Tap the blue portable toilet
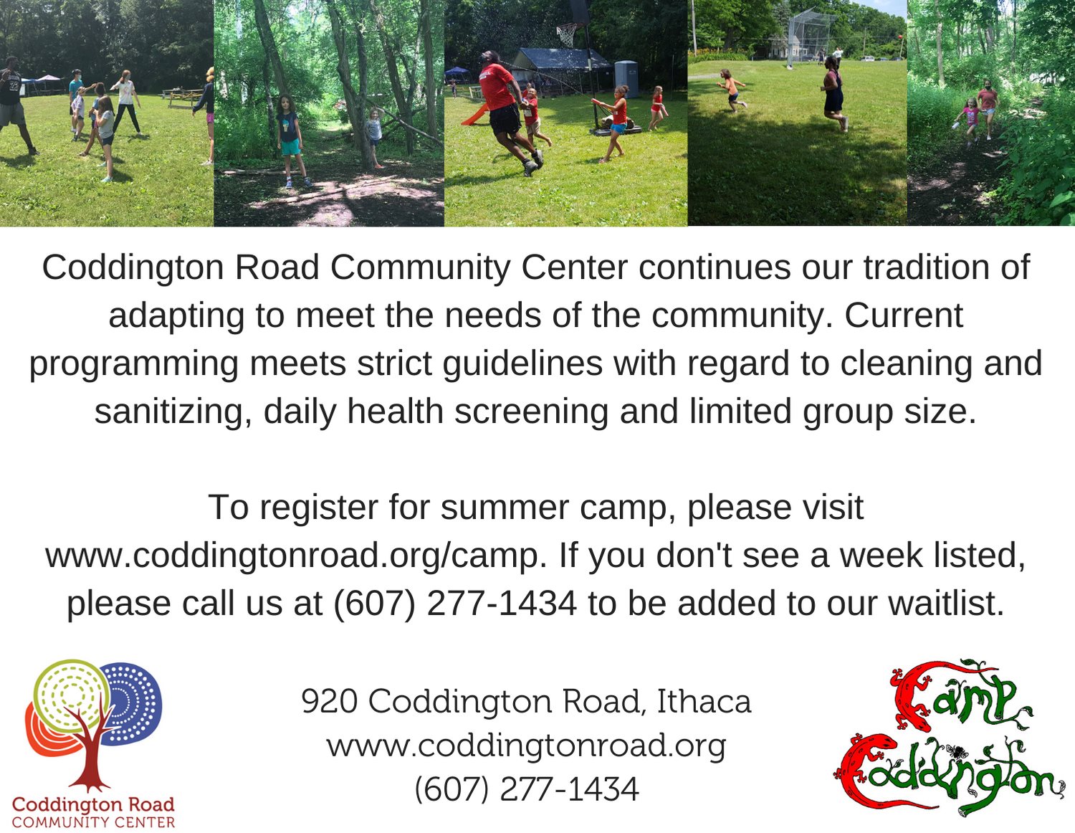[626, 79]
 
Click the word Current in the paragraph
[904, 315]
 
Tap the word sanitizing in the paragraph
[173, 411]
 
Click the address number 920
[330, 701]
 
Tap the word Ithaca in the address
[704, 701]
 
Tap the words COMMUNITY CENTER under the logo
[93, 823]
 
